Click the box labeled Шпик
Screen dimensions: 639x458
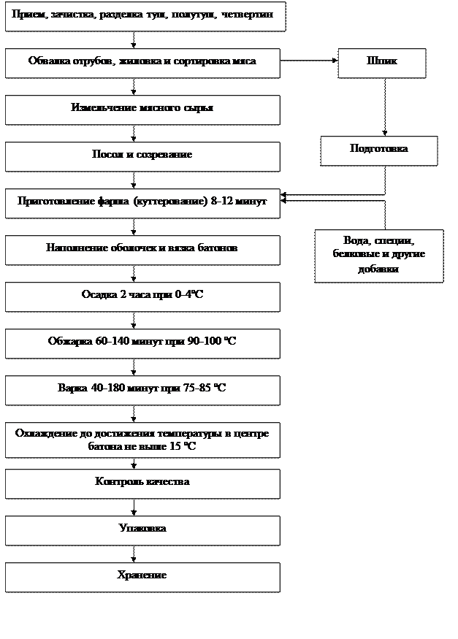(x=381, y=63)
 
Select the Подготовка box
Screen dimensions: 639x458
(x=378, y=150)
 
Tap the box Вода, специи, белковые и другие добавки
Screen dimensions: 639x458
(x=378, y=255)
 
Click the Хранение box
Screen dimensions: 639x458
(x=142, y=576)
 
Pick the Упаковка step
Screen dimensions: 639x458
(x=142, y=529)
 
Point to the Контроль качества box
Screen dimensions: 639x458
(x=142, y=483)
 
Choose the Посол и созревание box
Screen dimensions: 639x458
(x=142, y=156)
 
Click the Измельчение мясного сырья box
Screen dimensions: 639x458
(x=142, y=109)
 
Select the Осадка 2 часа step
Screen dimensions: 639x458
(x=142, y=296)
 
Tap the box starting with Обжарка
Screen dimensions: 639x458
(x=142, y=343)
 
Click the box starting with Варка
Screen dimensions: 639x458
(x=142, y=389)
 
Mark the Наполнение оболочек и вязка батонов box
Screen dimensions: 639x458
(x=142, y=249)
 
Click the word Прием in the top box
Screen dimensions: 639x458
(x=26, y=15)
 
